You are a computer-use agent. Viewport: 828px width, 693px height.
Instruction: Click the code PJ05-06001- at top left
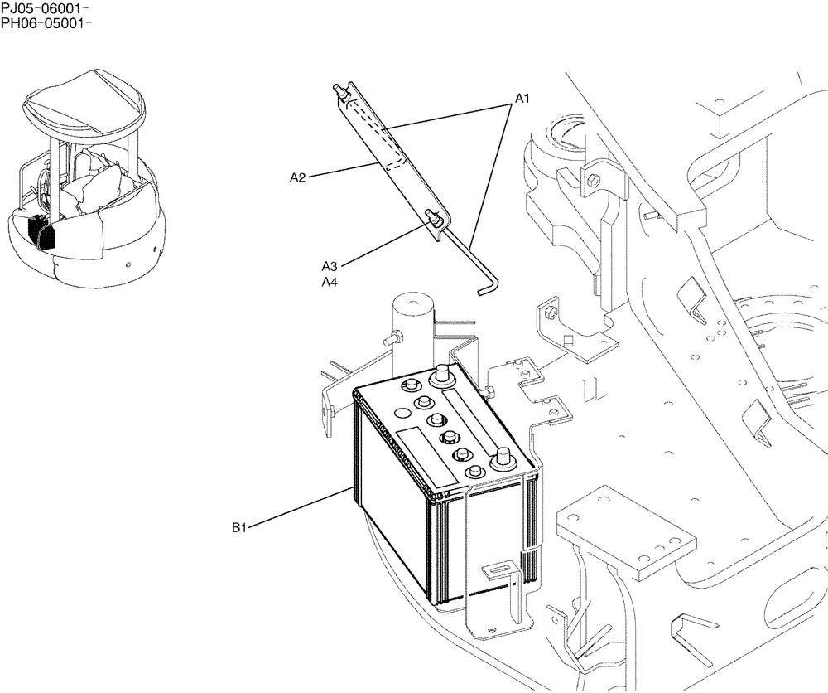tap(46, 8)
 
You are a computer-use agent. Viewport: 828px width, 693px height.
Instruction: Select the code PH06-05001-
tap(46, 22)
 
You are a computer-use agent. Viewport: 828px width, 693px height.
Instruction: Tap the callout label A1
tap(522, 99)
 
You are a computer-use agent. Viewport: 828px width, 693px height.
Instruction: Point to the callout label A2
tap(298, 177)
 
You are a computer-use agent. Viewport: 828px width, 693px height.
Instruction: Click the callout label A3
tap(330, 266)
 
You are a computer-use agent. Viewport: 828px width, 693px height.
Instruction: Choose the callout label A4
tap(330, 282)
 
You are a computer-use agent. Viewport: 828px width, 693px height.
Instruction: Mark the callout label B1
tap(241, 526)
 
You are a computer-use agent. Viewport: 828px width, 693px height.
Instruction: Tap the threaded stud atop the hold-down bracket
tap(339, 90)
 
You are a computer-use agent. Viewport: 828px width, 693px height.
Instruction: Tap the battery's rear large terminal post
tap(442, 374)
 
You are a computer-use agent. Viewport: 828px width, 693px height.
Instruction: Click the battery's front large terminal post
tap(503, 460)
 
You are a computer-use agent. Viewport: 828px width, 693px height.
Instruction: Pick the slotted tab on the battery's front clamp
tap(497, 570)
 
